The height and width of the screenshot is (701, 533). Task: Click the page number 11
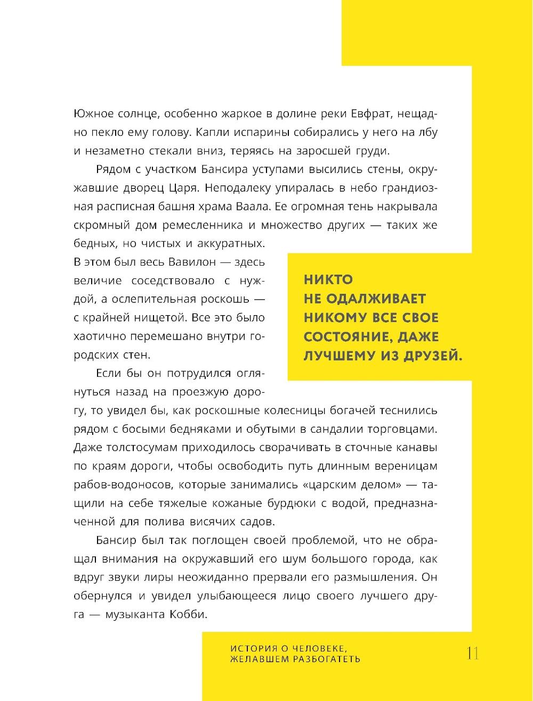(x=472, y=653)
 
